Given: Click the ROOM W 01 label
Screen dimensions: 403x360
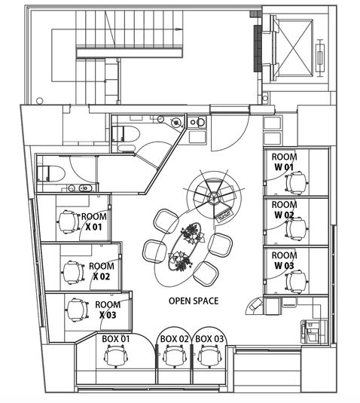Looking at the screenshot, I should pos(284,160).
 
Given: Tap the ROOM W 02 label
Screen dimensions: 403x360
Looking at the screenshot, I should pos(284,209).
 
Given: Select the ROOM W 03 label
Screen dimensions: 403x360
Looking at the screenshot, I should pos(284,261).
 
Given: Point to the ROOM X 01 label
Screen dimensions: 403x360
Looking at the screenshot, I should pos(93,219).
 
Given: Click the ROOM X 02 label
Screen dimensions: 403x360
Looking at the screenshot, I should pos(102,271).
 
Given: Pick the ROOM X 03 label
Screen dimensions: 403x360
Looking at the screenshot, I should pos(106,310).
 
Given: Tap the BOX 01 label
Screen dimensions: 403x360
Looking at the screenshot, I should pos(116,339).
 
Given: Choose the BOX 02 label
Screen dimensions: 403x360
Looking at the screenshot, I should pos(174,339).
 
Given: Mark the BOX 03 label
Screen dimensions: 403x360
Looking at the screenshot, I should pos(209,339).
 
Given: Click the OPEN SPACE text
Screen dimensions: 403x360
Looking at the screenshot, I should pos(194,301).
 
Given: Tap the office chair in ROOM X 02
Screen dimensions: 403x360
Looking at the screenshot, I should pos(72,272).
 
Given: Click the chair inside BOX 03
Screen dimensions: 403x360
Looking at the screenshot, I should pos(208,360).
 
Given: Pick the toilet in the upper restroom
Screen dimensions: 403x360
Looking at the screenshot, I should pos(124,136).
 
